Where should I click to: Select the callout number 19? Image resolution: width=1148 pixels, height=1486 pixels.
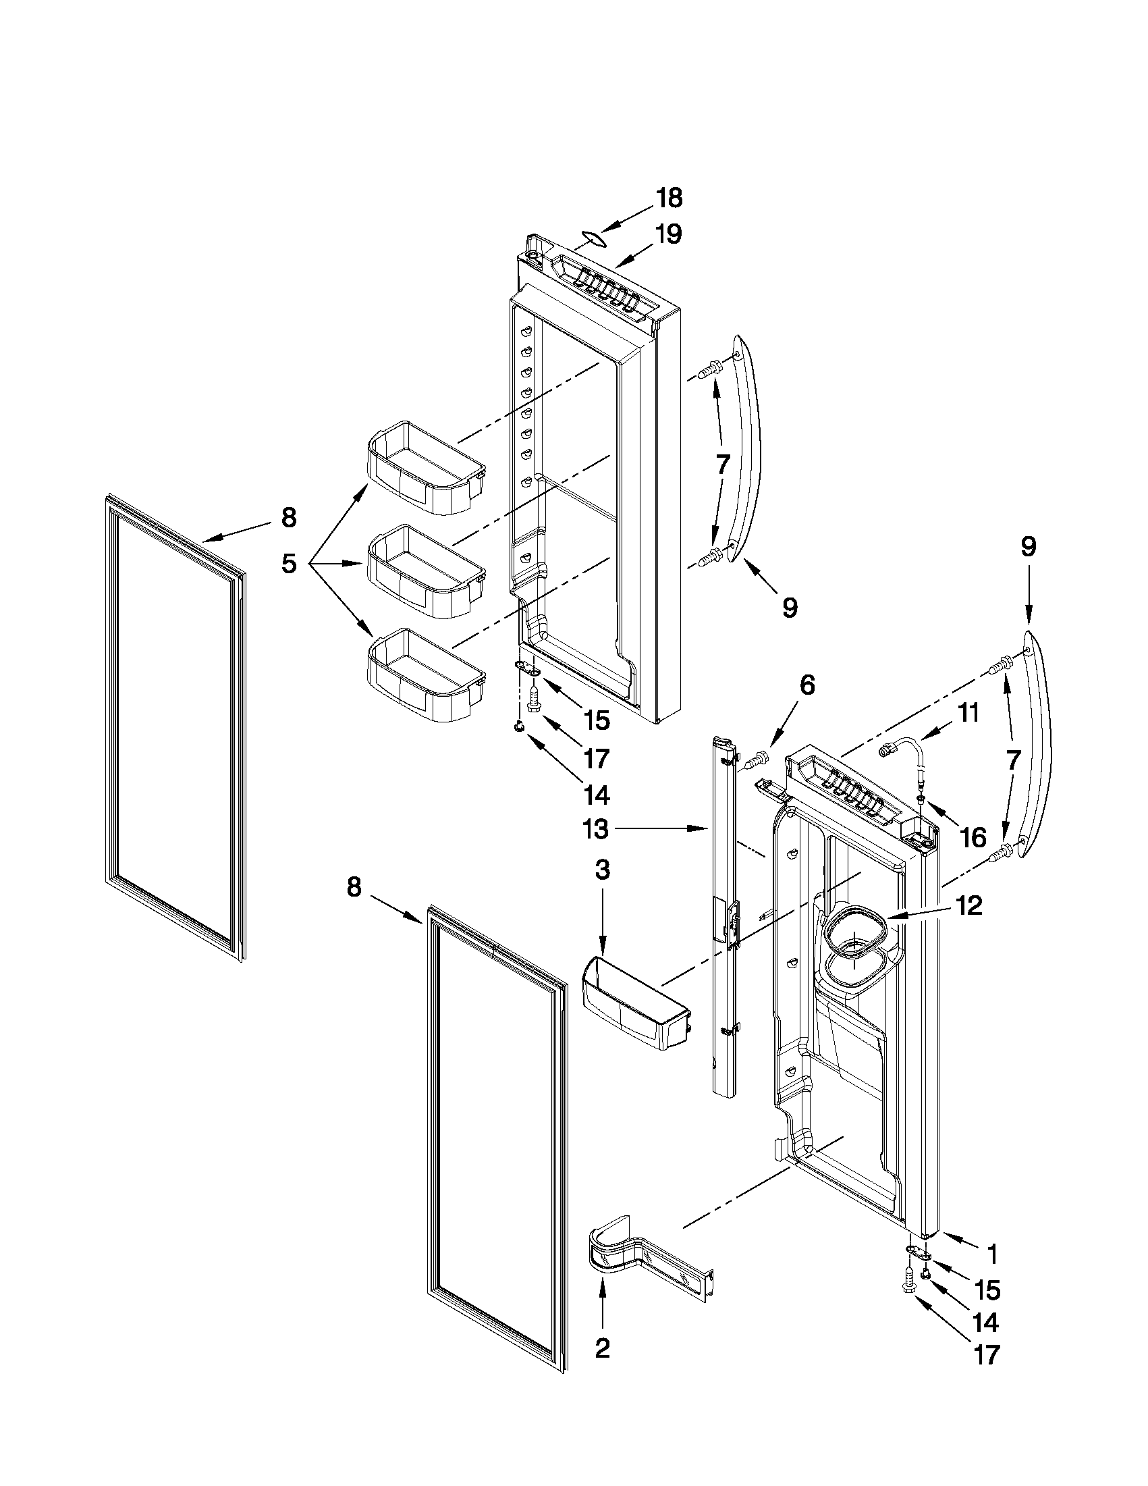pyautogui.click(x=668, y=234)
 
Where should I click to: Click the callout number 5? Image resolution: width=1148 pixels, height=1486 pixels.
pyautogui.click(x=289, y=563)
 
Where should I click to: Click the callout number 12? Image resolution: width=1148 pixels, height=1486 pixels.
pyautogui.click(x=968, y=905)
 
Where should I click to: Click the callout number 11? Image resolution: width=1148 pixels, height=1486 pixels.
pyautogui.click(x=968, y=713)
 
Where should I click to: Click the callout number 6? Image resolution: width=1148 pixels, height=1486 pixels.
pyautogui.click(x=807, y=685)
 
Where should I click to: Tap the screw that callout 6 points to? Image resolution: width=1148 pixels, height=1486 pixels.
pyautogui.click(x=756, y=759)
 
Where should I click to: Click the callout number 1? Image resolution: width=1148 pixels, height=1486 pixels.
pyautogui.click(x=992, y=1252)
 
